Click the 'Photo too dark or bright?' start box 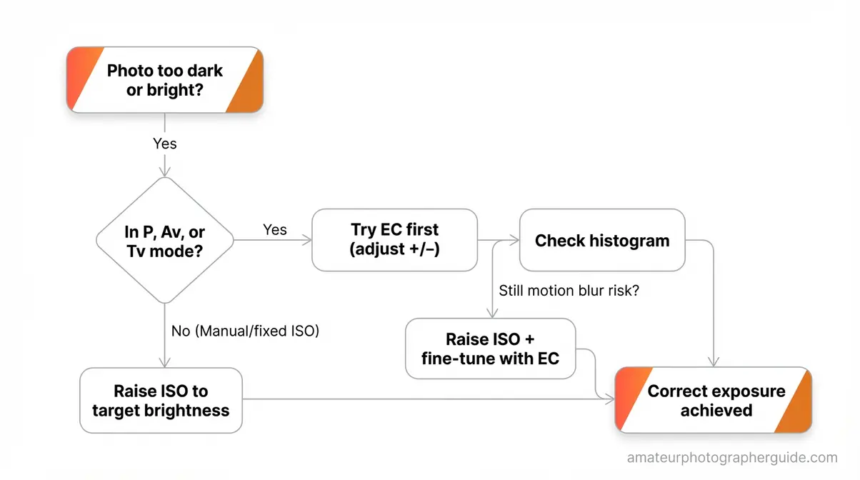point(165,80)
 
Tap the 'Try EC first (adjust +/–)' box point(394,240)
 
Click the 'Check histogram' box point(602,240)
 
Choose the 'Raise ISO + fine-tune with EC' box point(490,348)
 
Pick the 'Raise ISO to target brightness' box point(161,400)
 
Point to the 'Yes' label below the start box point(165,144)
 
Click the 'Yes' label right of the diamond point(275,229)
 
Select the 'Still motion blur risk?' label point(569,291)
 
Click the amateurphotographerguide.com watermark point(732,458)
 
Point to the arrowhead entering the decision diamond point(165,171)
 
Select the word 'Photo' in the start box point(129,71)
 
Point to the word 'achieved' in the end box point(716,410)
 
